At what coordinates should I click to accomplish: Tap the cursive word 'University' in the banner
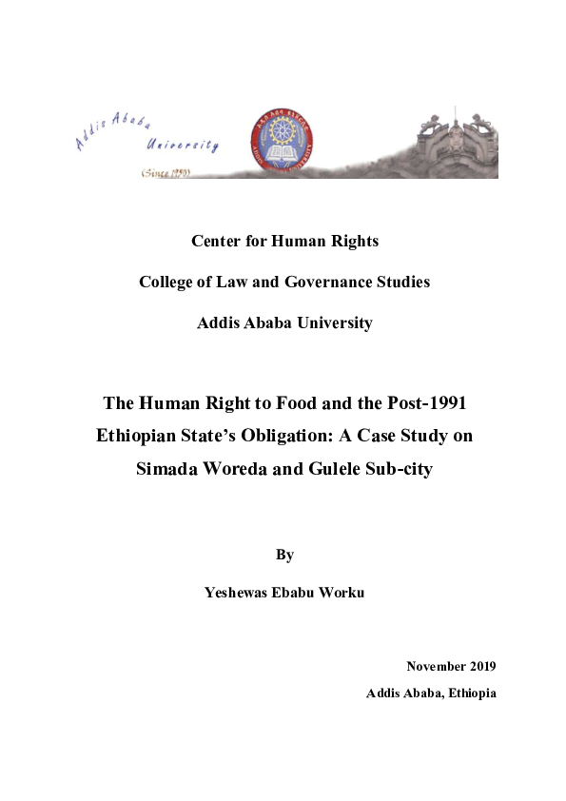click(x=182, y=146)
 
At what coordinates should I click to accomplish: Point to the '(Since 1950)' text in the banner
click(x=166, y=172)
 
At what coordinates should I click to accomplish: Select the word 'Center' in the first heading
click(x=216, y=241)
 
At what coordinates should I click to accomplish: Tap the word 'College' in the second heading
click(x=166, y=282)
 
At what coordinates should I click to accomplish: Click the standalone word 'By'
click(x=283, y=553)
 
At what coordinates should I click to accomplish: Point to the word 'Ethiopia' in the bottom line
click(x=467, y=693)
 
